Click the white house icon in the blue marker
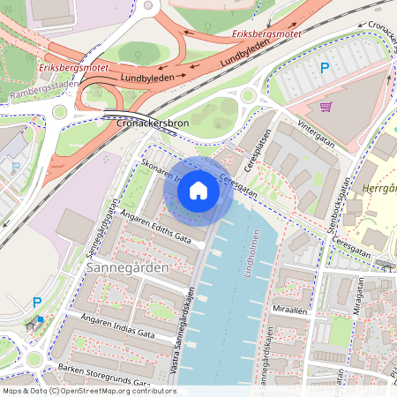(198, 190)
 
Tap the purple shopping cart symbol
(326, 107)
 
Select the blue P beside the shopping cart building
(325, 67)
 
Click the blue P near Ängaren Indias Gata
(37, 303)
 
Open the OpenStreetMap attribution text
(89, 390)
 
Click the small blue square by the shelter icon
(41, 318)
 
